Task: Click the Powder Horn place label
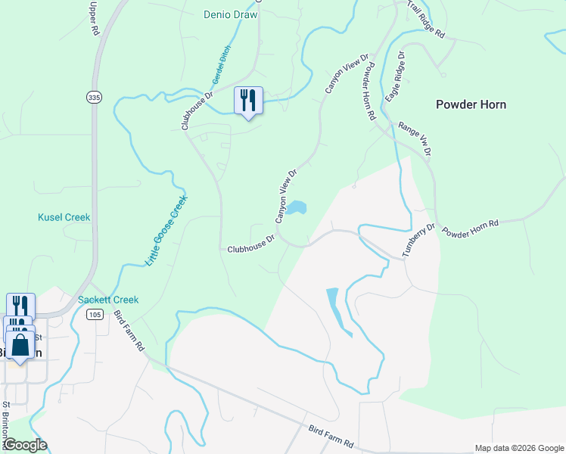tap(471, 104)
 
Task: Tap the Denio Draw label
tap(231, 14)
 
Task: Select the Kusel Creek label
tap(64, 217)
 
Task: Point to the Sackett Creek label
tap(108, 300)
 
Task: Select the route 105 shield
tap(95, 314)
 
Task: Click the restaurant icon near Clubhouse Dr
tap(248, 101)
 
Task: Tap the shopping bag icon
tap(20, 347)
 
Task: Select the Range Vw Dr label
tap(415, 140)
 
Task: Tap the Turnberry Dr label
tap(419, 241)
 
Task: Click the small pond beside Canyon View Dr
tap(295, 208)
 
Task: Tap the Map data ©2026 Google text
tap(518, 448)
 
